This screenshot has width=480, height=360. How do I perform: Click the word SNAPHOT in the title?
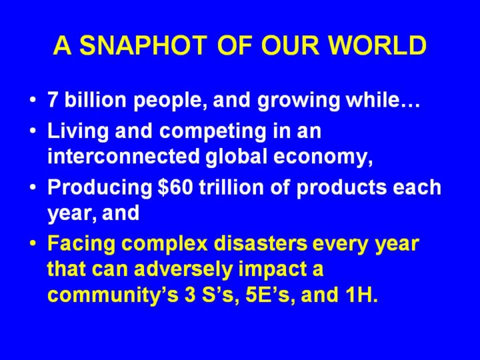tap(143, 45)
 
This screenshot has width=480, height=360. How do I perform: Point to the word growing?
tap(299, 101)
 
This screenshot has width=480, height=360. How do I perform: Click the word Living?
tap(78, 132)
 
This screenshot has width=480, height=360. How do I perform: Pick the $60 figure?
tap(175, 187)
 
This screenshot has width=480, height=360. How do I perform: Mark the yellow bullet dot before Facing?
tap(33, 243)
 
